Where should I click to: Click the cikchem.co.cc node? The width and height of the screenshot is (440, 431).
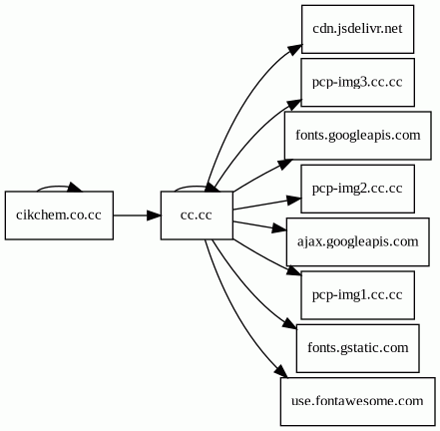point(59,215)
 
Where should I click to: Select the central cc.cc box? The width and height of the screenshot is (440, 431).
point(197,215)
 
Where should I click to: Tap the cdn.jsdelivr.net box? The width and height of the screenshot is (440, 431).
point(358,29)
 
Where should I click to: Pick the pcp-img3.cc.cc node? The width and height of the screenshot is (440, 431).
point(358,82)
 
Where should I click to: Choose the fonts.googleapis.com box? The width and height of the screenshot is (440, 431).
point(358,136)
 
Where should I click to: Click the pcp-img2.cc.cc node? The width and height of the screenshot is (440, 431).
point(358,189)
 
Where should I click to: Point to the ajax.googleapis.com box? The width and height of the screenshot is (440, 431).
point(358,241)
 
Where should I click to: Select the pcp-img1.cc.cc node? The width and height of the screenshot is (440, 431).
point(358,295)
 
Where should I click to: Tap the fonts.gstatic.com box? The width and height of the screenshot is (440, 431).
point(358,348)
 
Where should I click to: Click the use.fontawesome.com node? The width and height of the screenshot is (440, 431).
point(358,401)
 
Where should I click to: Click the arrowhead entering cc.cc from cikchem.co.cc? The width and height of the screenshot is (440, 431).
point(154,215)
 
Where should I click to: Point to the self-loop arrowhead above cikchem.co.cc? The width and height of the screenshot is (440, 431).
point(75,188)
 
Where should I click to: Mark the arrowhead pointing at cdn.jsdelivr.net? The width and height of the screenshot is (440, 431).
point(295,49)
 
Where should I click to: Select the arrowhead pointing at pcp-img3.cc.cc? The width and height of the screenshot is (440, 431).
point(294,104)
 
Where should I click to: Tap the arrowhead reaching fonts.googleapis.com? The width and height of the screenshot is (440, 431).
point(285,164)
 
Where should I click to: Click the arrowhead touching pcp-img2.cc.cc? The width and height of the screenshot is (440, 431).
point(294,201)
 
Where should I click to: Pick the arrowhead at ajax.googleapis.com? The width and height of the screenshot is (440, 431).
point(279,228)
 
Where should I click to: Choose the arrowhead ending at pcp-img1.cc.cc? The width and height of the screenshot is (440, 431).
point(294,270)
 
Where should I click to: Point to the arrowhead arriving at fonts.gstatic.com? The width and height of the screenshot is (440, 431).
point(289,323)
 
